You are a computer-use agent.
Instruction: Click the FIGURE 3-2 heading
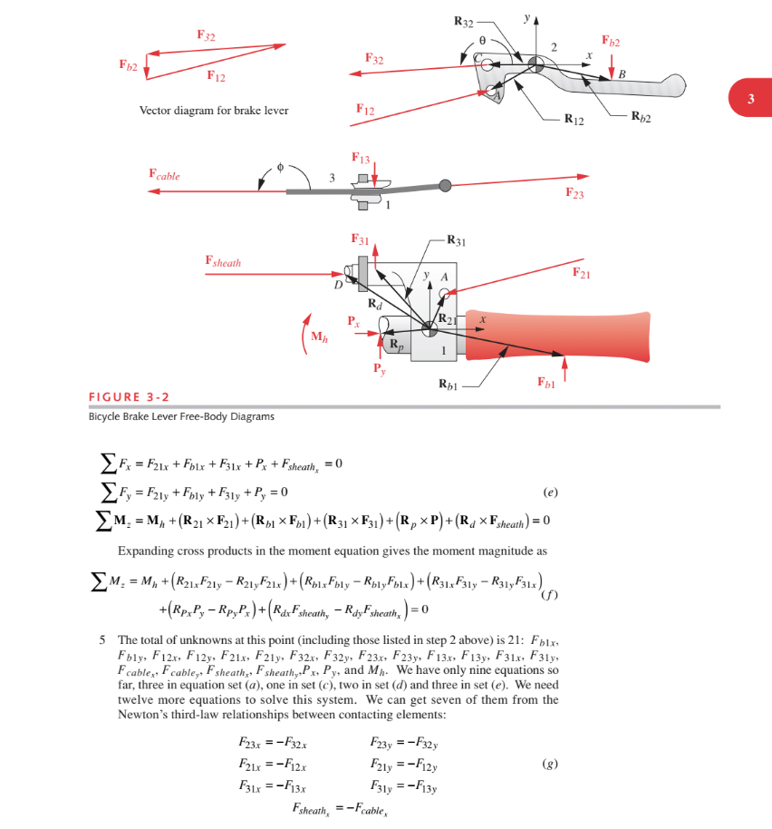[x=129, y=397]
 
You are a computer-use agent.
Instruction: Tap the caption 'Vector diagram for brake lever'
[x=214, y=111]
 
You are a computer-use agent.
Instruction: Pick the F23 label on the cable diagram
[x=574, y=192]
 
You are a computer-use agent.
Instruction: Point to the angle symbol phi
[x=281, y=167]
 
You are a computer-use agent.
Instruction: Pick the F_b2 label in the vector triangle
[x=129, y=65]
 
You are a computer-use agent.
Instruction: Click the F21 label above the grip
[x=582, y=272]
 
